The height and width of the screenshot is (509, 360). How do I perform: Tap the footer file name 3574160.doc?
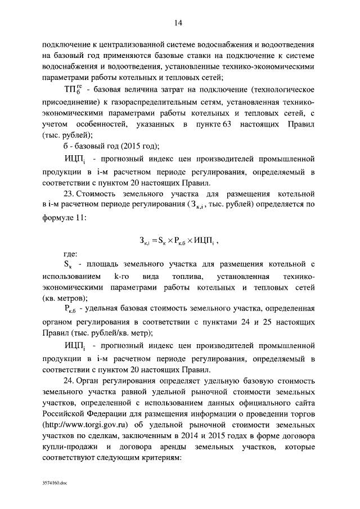[x=55, y=483]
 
